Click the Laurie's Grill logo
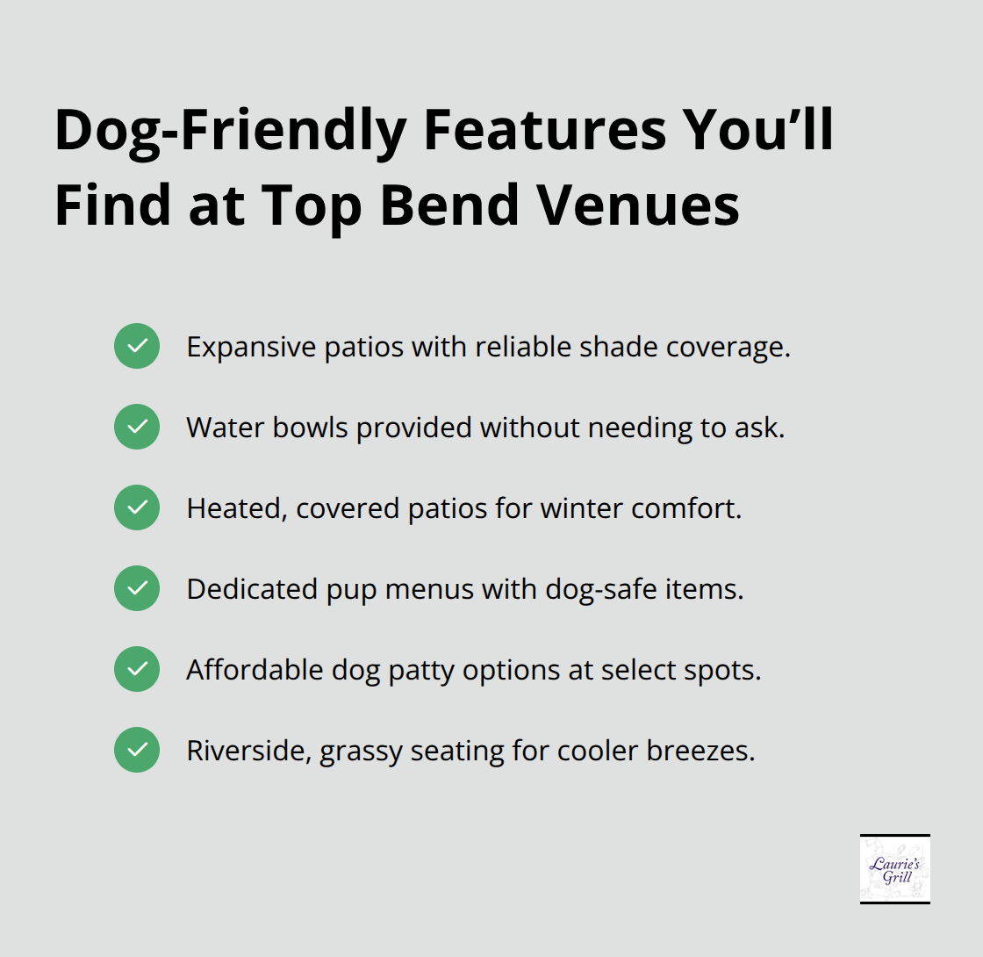894,868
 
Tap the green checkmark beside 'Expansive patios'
137,346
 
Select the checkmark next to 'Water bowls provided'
137,427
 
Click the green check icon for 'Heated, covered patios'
137,507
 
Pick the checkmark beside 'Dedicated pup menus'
137,588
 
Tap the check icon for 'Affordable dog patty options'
137,669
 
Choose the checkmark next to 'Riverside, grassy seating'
137,750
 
